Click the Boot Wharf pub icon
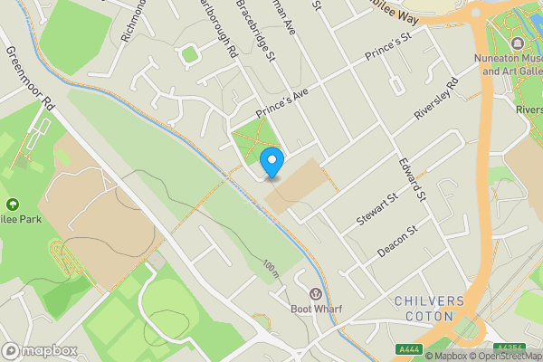[315, 293]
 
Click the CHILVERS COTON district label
[429, 308]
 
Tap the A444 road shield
[409, 348]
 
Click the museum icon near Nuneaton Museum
[518, 43]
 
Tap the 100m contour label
[271, 268]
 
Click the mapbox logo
[38, 350]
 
